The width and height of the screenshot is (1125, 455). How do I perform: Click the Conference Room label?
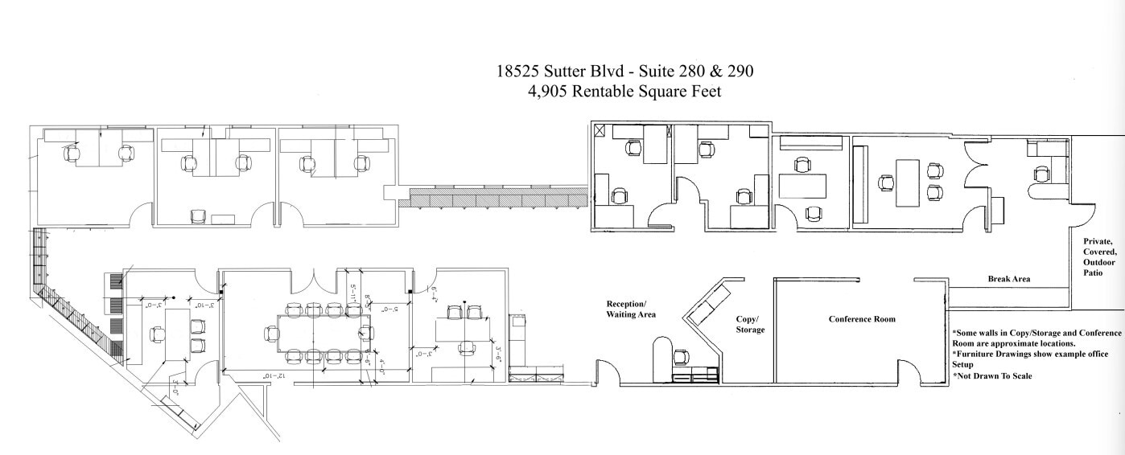[862, 319]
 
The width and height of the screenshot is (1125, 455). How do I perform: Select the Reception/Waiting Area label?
[630, 309]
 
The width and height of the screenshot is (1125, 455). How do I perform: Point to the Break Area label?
[1009, 279]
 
